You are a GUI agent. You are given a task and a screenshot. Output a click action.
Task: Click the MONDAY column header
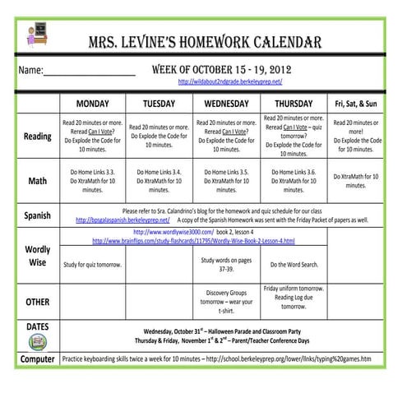tap(93, 104)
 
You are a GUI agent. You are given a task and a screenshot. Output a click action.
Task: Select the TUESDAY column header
tap(159, 104)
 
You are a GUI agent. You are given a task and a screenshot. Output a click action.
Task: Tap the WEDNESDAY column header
tap(226, 104)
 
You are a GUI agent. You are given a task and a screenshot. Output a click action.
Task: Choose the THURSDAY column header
tap(293, 104)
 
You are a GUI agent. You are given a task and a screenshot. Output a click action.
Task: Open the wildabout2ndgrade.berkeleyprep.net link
tap(229, 82)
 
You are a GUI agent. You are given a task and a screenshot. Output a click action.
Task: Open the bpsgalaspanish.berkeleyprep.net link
tap(123, 220)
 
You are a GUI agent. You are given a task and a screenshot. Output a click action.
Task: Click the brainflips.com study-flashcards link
tap(193, 241)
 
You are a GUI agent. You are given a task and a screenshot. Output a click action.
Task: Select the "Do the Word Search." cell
tap(293, 265)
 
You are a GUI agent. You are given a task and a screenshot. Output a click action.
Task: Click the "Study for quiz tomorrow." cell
tap(93, 265)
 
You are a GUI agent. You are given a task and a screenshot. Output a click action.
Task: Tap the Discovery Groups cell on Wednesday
tap(226, 301)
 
